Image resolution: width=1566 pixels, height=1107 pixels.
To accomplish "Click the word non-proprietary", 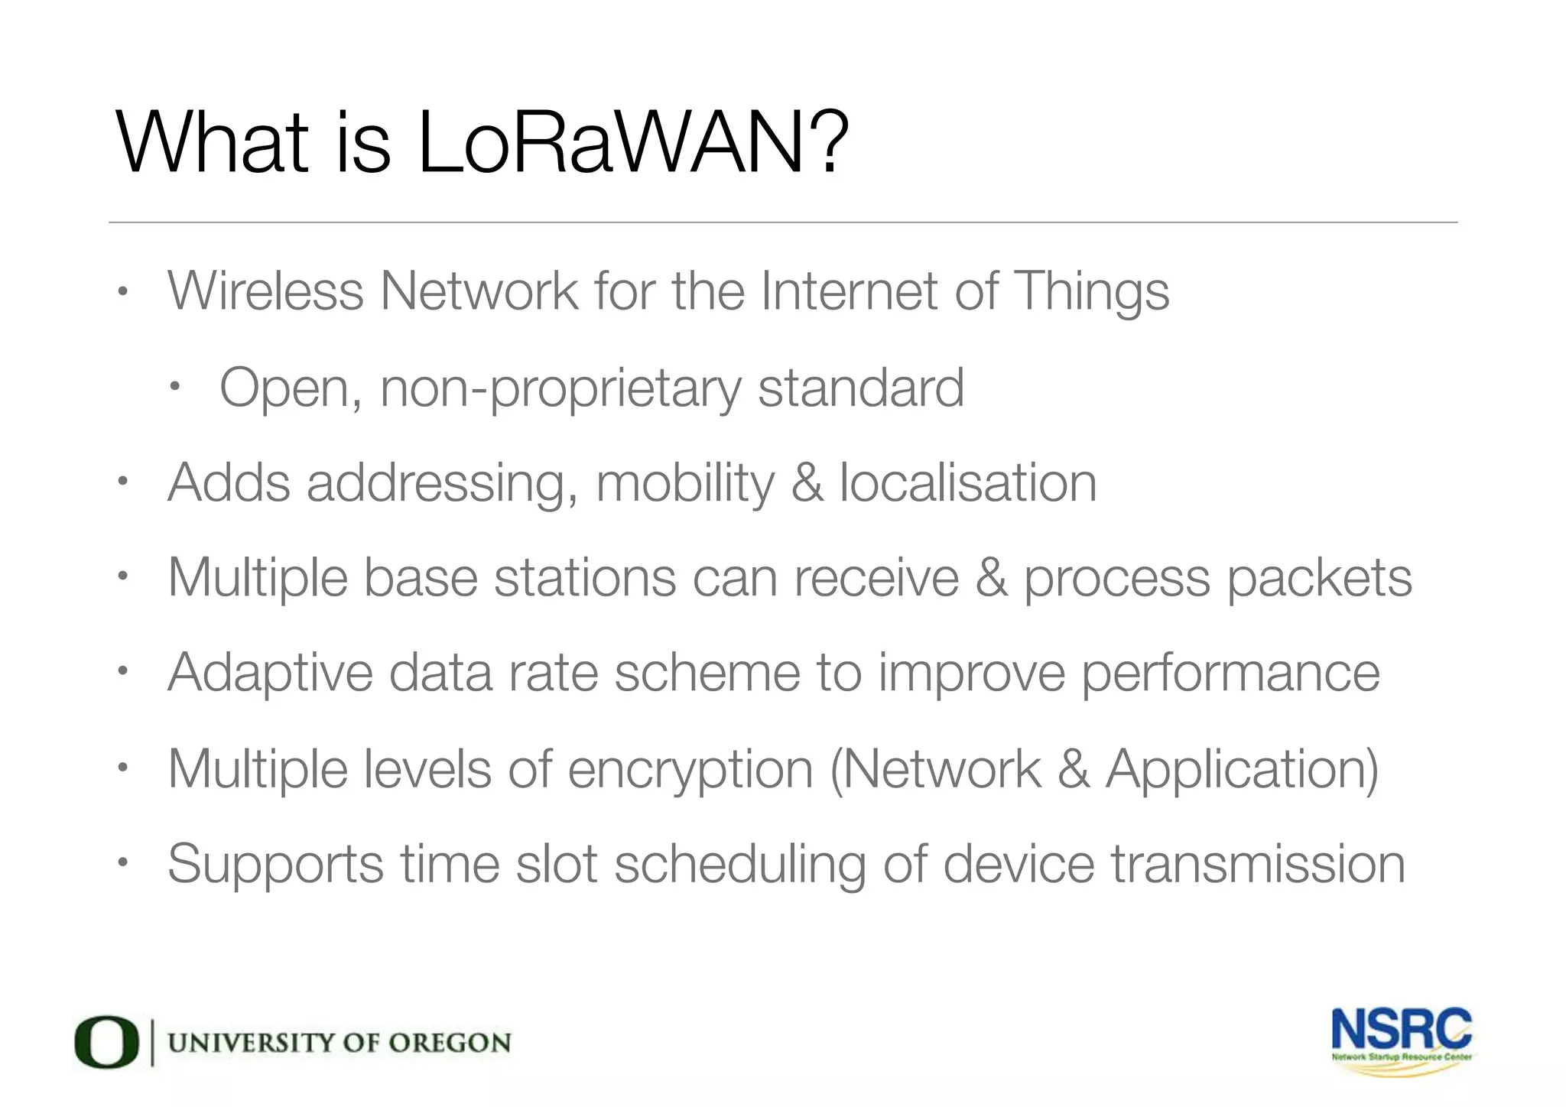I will (x=560, y=389).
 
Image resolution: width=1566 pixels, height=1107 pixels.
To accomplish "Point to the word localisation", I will (x=967, y=483).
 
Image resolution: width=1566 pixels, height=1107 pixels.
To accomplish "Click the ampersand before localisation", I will (x=807, y=483).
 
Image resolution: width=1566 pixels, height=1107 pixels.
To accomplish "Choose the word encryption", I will (x=690, y=770).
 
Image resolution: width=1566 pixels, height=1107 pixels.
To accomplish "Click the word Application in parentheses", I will (x=1238, y=770).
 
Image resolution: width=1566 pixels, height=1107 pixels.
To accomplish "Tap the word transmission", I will (x=1258, y=864).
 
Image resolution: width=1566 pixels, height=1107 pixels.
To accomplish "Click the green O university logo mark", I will (x=106, y=1042).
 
